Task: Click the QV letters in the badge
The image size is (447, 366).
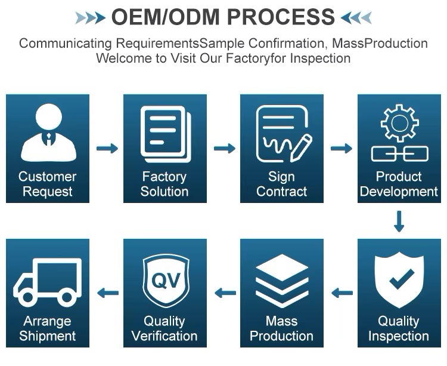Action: [164, 279]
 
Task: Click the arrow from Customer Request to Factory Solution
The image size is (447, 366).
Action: [107, 148]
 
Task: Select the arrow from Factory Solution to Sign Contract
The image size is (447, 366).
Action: [225, 148]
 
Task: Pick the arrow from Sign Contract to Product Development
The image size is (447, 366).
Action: [342, 148]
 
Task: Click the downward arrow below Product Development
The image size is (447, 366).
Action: [399, 220]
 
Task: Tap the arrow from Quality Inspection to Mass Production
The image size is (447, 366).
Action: [342, 293]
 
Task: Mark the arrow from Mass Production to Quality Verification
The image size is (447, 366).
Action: [225, 293]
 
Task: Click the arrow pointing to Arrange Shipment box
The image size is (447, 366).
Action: [107, 293]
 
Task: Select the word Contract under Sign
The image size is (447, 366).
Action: [281, 192]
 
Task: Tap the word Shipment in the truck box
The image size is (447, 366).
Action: [48, 336]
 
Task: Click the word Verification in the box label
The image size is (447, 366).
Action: [164, 336]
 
